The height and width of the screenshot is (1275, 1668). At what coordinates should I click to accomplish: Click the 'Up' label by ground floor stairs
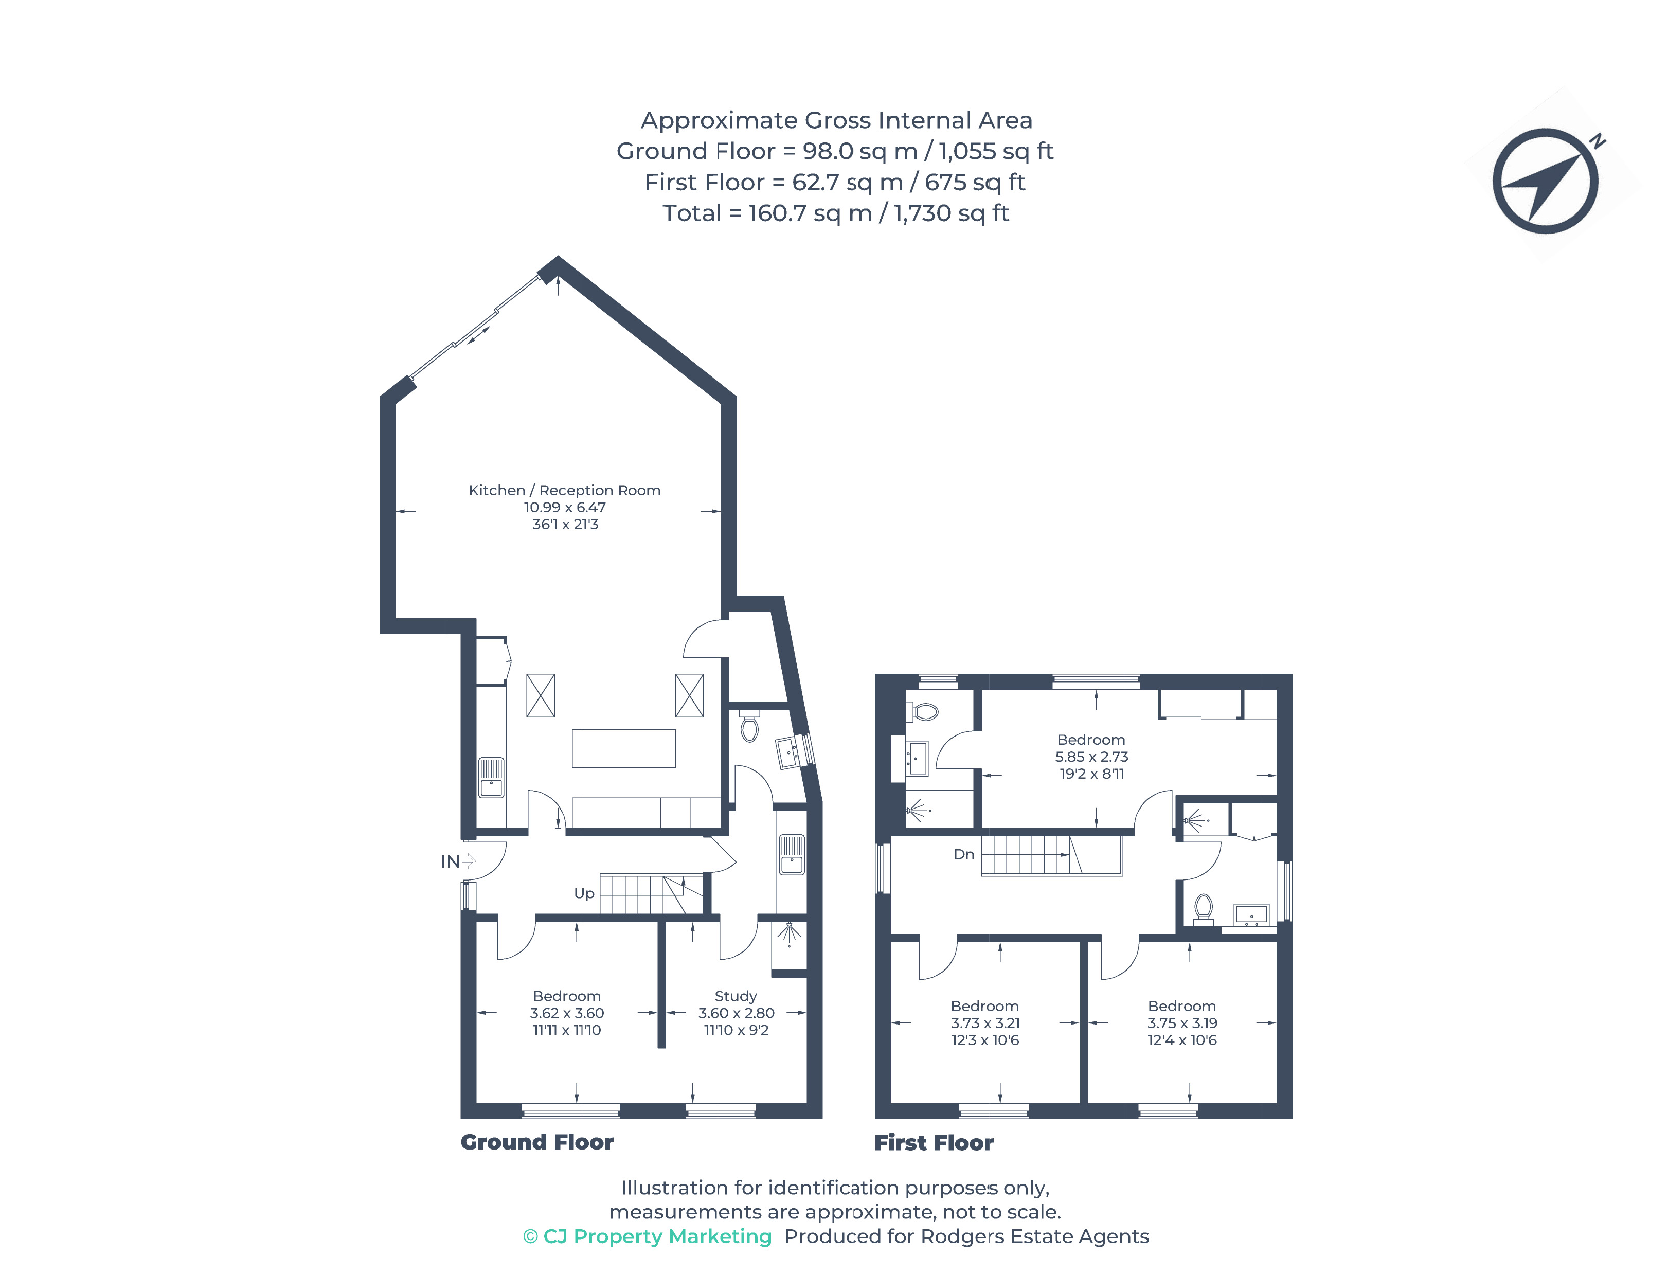584,893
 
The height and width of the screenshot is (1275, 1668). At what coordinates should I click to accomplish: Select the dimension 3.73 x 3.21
984,1023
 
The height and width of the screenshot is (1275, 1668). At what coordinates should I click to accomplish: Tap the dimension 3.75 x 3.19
1181,1023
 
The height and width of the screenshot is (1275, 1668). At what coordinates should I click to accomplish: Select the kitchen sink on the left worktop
491,777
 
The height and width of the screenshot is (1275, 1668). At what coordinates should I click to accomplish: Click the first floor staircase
1050,855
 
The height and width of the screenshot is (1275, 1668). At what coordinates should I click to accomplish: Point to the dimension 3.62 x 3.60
566,1013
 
